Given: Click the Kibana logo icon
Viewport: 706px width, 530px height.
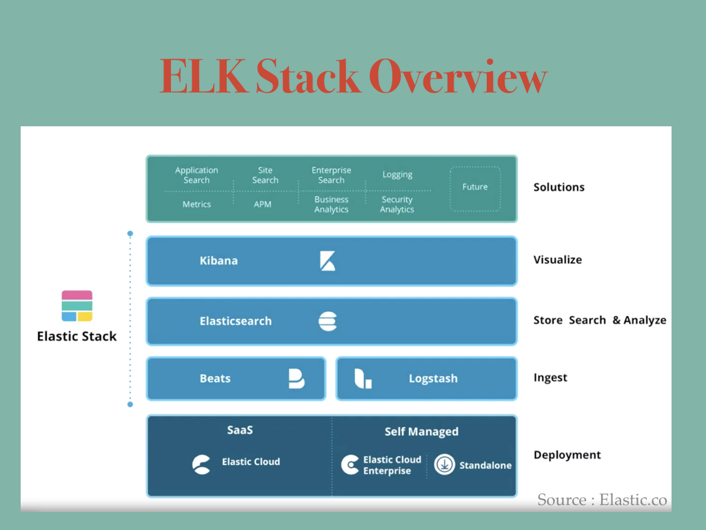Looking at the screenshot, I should tap(327, 261).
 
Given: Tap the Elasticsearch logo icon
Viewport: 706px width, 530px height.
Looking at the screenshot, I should tap(327, 321).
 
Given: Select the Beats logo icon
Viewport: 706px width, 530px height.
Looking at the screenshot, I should tap(296, 378).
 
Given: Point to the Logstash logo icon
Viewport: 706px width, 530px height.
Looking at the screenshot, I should tap(363, 378).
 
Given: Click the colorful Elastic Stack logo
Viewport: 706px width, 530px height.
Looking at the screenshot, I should tap(77, 306).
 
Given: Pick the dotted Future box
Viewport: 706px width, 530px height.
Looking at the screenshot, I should tap(475, 188).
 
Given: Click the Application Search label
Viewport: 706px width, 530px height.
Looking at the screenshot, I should tap(196, 175).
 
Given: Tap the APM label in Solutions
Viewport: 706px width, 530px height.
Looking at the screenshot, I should tap(263, 204).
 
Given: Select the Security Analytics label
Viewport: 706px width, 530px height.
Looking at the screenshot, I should tap(397, 204).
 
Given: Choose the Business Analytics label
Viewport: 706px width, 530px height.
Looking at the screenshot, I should tap(332, 204).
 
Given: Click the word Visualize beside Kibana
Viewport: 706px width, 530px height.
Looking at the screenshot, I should tap(558, 259).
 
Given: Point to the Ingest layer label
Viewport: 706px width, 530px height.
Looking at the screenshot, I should tap(550, 377).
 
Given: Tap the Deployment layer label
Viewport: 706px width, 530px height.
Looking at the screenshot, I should tap(567, 455).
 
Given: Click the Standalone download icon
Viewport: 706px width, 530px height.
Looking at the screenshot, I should tap(445, 464).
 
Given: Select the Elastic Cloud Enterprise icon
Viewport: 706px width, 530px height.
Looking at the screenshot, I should tap(350, 464).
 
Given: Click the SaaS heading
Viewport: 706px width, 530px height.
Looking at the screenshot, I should tap(240, 430).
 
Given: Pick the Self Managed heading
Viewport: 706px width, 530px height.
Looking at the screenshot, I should tap(421, 432).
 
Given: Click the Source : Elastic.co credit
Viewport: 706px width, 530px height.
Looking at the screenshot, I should tap(603, 500).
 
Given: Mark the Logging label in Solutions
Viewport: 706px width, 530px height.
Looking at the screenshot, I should tap(398, 175).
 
